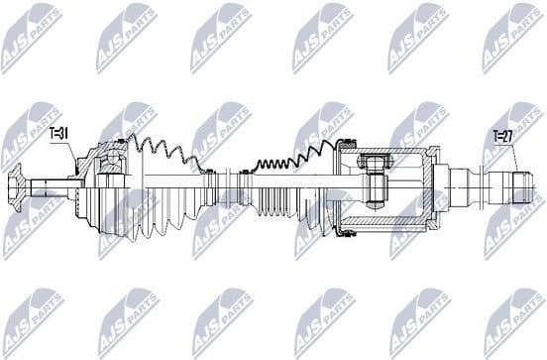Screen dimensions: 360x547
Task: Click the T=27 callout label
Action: (505, 138)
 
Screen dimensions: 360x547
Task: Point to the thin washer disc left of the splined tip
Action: (487, 184)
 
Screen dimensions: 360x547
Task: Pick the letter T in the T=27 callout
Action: (496, 138)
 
